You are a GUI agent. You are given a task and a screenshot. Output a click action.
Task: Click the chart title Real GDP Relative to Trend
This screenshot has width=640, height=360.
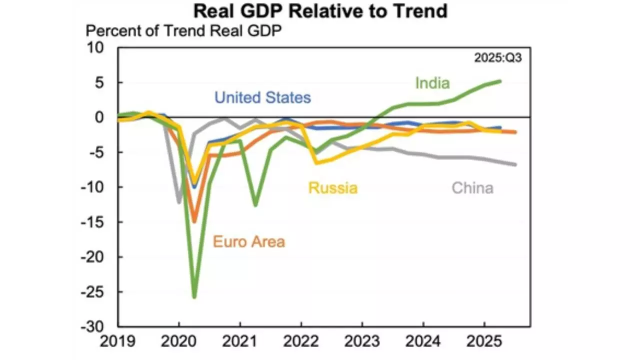[320, 11]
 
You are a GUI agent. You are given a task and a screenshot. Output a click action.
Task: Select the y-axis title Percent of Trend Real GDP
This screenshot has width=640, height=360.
[183, 31]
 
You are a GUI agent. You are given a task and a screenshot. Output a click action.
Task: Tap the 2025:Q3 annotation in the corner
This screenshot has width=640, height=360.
[497, 58]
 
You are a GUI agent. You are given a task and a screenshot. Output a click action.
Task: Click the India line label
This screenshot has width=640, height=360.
[432, 83]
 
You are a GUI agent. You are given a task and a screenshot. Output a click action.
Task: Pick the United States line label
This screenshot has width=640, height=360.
[262, 97]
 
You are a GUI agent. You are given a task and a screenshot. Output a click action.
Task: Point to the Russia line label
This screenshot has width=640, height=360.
[333, 188]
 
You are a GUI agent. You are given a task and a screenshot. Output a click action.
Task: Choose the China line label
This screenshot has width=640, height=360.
[472, 188]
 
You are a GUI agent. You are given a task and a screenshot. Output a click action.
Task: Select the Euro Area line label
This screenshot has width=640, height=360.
[249, 242]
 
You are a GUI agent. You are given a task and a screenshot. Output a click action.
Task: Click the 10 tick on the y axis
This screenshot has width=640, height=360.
[94, 48]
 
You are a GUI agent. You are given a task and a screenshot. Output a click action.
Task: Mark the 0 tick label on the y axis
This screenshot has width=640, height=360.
[99, 117]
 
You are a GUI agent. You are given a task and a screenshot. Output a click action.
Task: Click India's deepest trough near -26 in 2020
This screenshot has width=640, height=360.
[194, 297]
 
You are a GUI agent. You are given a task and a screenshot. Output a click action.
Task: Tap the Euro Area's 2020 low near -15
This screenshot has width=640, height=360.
[194, 221]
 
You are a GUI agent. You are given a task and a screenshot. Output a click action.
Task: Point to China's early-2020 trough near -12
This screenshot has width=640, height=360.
[179, 202]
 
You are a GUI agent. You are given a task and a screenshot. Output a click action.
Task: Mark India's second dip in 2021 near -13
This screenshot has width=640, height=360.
[255, 205]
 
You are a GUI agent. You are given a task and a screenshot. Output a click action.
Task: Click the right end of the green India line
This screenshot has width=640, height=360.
[499, 81]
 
